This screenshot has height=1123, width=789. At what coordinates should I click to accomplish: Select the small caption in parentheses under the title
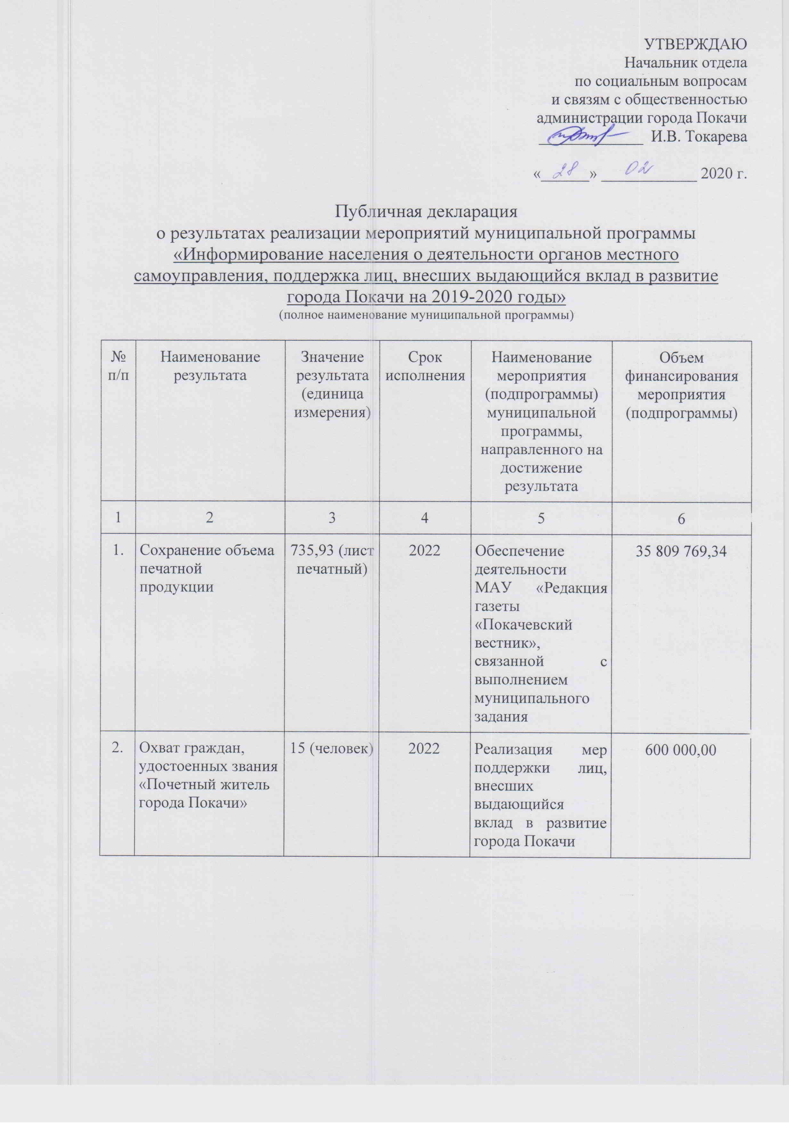pyautogui.click(x=426, y=315)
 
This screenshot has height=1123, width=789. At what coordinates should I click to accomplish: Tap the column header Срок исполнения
pyautogui.click(x=425, y=366)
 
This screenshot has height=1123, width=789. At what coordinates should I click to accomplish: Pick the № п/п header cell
pyautogui.click(x=118, y=366)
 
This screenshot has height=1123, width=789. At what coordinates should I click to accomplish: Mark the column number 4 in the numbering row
pyautogui.click(x=425, y=518)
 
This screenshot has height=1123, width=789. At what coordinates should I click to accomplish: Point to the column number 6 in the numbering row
pyautogui.click(x=681, y=518)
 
